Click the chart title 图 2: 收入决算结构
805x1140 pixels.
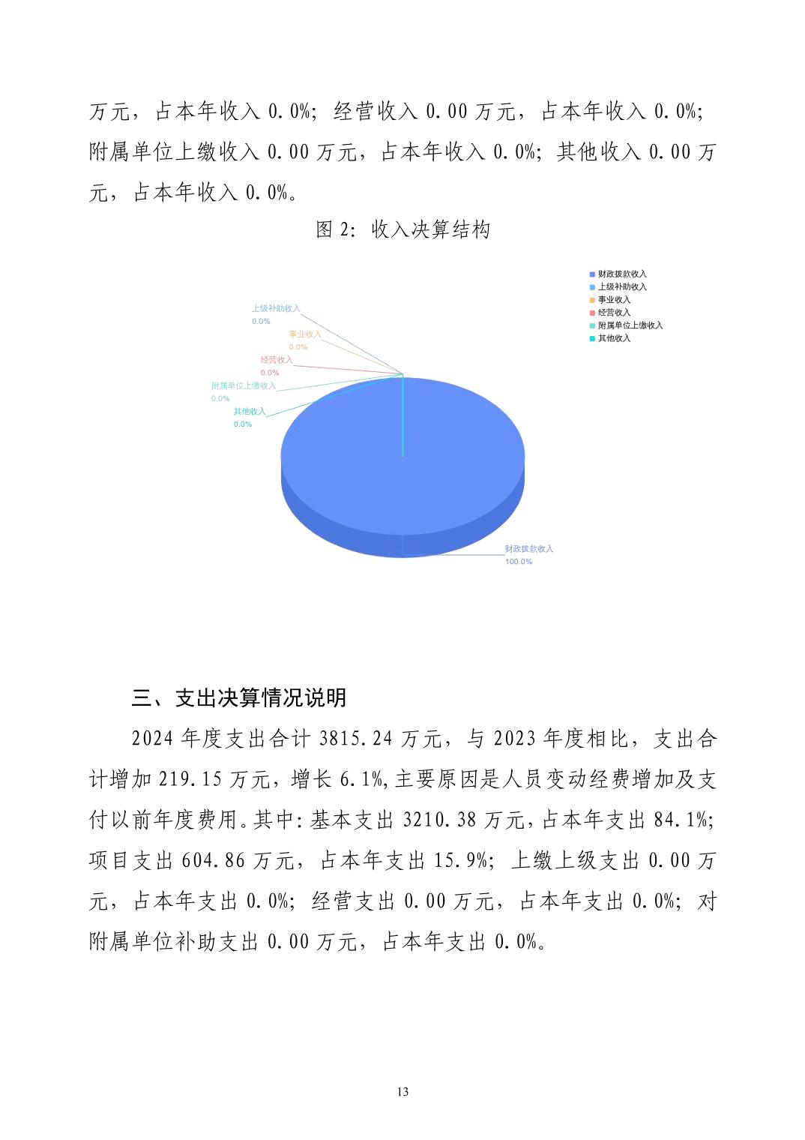[x=402, y=229]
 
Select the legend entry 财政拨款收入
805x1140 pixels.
[x=621, y=274]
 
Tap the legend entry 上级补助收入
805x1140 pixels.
[x=621, y=287]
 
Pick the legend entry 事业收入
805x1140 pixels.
[x=613, y=300]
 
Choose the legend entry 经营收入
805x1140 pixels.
[x=613, y=313]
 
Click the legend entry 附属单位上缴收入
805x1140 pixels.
[x=630, y=325]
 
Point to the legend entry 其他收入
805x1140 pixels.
[x=613, y=338]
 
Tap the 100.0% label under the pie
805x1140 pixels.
[x=519, y=562]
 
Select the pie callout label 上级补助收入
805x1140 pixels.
[x=275, y=308]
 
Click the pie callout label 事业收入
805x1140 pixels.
[x=305, y=334]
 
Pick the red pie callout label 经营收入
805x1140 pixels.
[x=277, y=360]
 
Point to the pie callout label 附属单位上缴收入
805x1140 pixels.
[x=244, y=385]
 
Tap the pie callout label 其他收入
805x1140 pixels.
[x=250, y=412]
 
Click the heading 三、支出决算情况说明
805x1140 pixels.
[x=239, y=698]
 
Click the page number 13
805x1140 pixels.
[x=402, y=1092]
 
